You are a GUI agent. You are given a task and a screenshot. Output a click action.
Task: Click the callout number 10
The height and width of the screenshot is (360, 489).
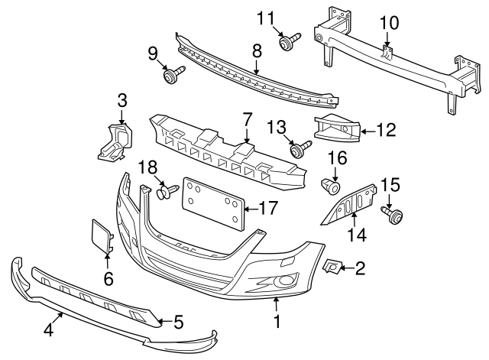click(x=389, y=24)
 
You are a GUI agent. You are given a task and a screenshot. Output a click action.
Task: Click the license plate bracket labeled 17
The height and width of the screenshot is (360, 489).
click(x=213, y=203)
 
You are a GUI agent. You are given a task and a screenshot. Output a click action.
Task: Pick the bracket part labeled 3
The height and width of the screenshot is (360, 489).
click(x=115, y=141)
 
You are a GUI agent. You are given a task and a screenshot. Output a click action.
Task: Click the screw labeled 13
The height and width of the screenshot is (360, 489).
click(x=300, y=148)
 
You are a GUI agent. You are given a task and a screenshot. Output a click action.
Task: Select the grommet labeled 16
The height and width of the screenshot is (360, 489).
click(x=332, y=186)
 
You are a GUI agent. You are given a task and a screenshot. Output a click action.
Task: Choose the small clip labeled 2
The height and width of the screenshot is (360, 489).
click(x=333, y=266)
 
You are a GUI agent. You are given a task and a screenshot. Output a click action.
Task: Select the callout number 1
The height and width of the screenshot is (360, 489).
click(x=277, y=323)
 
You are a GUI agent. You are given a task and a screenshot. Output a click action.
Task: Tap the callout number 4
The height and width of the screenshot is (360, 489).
click(x=48, y=330)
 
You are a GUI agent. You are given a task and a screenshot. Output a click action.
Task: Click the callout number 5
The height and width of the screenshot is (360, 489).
click(x=179, y=323)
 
